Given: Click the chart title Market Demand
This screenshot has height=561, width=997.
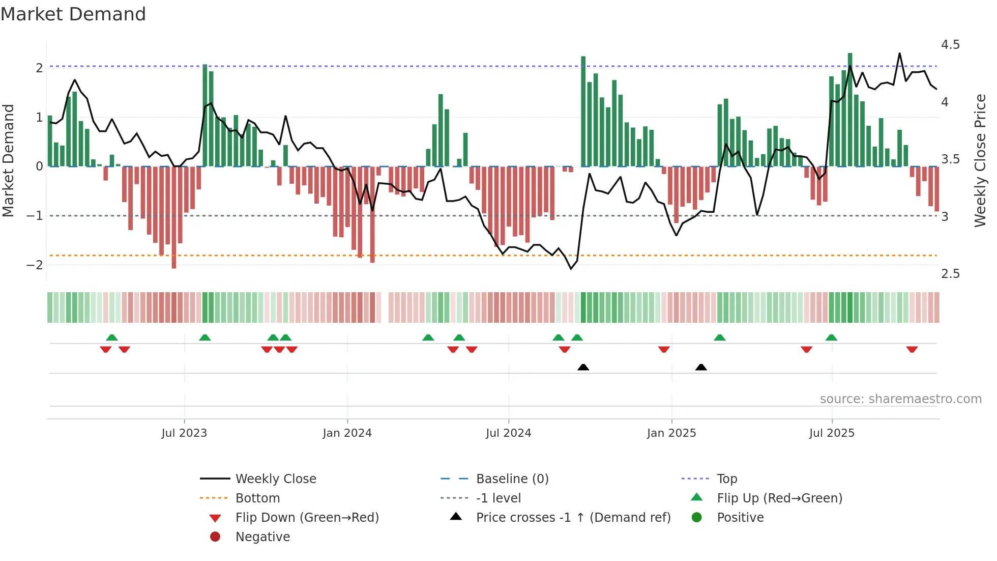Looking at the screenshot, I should tap(73, 14).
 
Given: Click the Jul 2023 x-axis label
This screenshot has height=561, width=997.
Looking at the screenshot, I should tap(184, 433).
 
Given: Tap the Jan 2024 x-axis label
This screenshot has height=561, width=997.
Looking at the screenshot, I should tap(347, 433).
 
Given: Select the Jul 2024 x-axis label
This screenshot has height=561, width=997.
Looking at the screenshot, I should tap(509, 433).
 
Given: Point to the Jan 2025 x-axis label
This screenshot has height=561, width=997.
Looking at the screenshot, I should tap(671, 433).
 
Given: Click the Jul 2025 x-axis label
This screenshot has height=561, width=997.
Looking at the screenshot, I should tap(832, 433).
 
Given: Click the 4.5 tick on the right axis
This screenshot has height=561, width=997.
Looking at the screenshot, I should tap(950, 45).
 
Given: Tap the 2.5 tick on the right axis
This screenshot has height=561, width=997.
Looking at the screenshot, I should tap(950, 274).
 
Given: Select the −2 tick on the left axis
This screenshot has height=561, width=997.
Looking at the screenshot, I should tap(35, 265).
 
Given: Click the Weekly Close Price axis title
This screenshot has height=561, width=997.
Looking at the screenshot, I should tap(980, 160).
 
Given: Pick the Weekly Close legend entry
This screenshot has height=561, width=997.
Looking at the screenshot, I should tap(276, 479).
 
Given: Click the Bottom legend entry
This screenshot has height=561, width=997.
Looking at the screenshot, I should tap(257, 498).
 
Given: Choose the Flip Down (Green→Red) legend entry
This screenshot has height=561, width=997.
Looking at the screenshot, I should tap(307, 518).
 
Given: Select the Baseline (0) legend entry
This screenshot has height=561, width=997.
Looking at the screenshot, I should tap(512, 479).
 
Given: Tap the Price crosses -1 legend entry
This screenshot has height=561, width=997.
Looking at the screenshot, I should tap(573, 518).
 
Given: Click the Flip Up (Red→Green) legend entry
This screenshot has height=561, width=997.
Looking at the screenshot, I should tap(779, 498).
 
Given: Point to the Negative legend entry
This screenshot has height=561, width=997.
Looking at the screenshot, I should tap(262, 537).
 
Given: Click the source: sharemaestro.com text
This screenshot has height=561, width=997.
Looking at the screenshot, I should tap(900, 399).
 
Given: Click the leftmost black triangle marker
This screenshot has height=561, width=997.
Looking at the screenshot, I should tap(583, 367).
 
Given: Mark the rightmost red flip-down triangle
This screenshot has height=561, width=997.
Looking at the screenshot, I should tap(912, 349).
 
